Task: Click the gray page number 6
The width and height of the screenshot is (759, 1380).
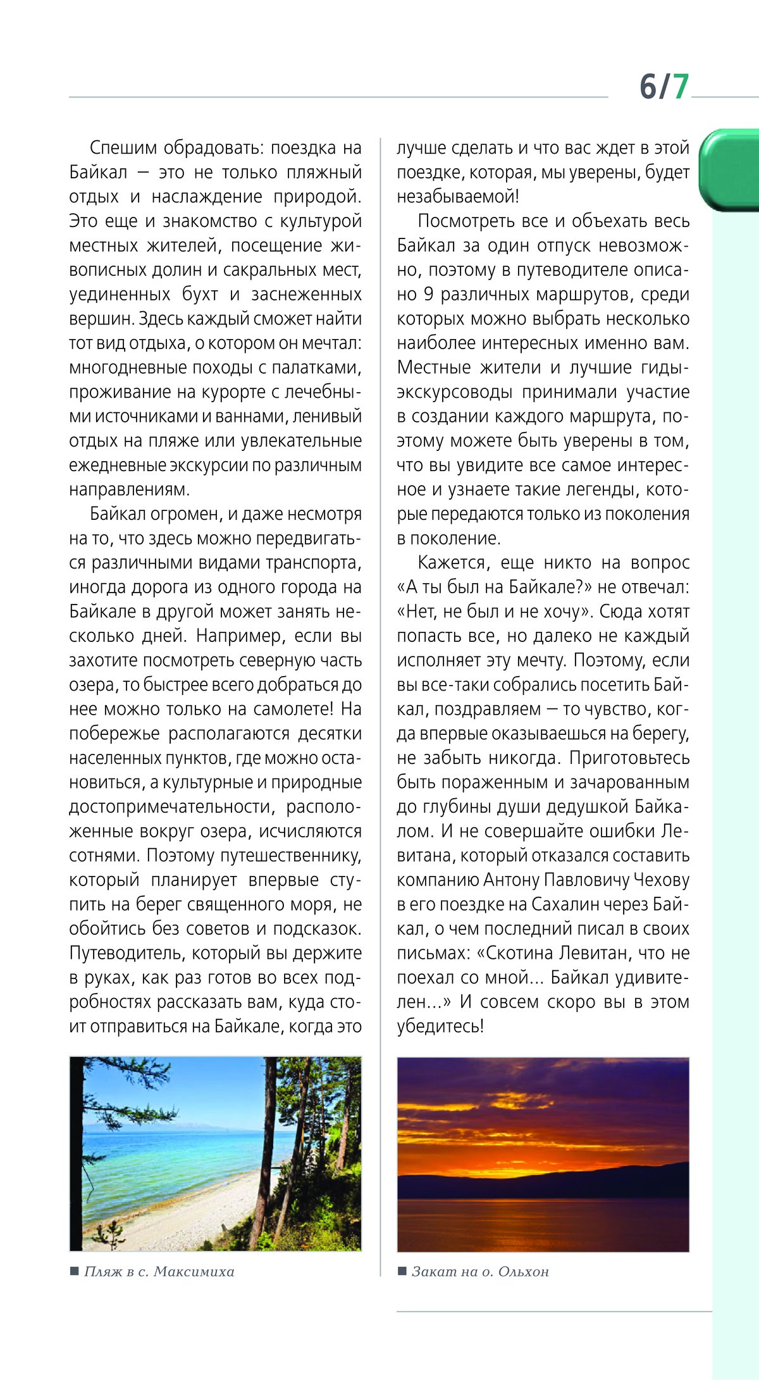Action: tap(649, 86)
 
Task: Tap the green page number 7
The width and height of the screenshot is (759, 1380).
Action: tap(680, 86)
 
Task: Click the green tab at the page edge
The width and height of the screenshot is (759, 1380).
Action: tap(731, 169)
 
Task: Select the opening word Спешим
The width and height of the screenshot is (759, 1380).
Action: tap(123, 148)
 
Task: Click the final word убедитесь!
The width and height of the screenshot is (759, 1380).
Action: tap(440, 1026)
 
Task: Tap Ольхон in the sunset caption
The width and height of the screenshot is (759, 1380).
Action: tap(523, 1271)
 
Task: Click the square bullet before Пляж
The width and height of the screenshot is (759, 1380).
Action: tap(75, 1271)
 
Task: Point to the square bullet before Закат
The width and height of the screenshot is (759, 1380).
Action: tap(402, 1271)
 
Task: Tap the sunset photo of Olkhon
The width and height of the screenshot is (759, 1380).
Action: tap(543, 1155)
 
